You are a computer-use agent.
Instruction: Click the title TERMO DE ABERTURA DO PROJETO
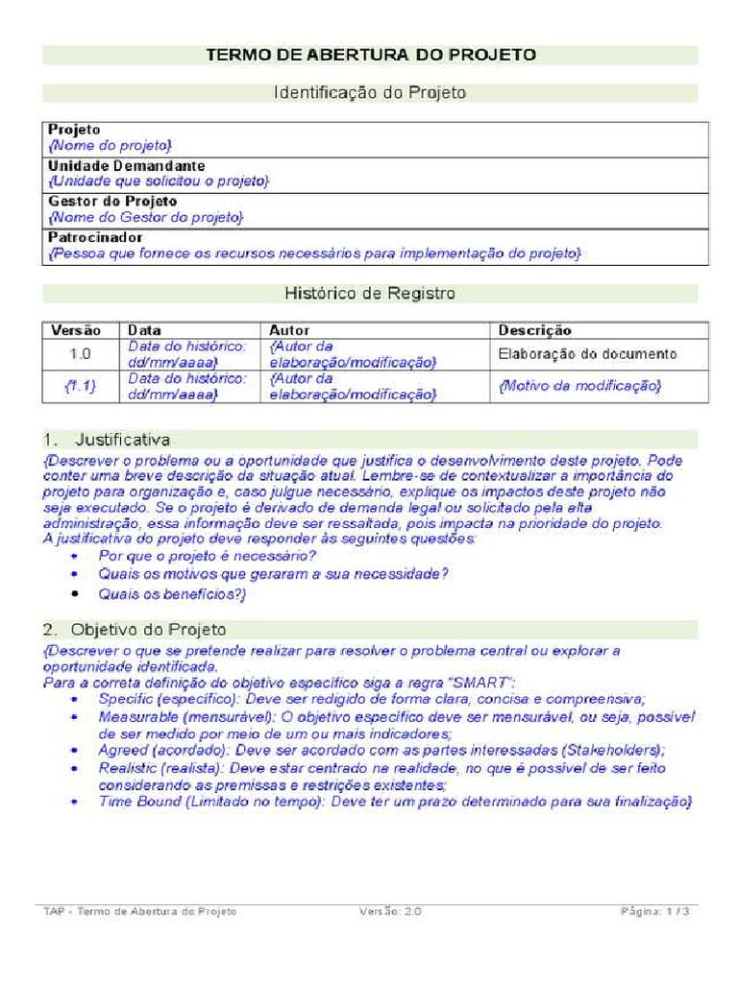(370, 55)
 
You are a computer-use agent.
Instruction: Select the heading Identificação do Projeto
(370, 93)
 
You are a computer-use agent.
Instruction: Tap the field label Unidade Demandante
(126, 166)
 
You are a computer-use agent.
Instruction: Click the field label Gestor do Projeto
(112, 202)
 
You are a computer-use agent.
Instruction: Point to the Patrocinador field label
(95, 237)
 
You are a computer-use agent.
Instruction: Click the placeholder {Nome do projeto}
(110, 145)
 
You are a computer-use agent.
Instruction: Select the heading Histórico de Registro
(370, 293)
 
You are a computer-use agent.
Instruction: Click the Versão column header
(76, 330)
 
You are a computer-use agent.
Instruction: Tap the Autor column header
(288, 330)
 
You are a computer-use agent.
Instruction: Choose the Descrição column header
(534, 330)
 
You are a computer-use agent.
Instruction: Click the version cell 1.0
(80, 354)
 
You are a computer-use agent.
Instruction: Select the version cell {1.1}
(80, 386)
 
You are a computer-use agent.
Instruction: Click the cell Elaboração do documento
(587, 354)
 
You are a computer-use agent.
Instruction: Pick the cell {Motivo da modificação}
(579, 386)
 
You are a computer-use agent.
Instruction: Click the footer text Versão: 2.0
(390, 911)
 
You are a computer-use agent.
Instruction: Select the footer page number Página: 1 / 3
(653, 911)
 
